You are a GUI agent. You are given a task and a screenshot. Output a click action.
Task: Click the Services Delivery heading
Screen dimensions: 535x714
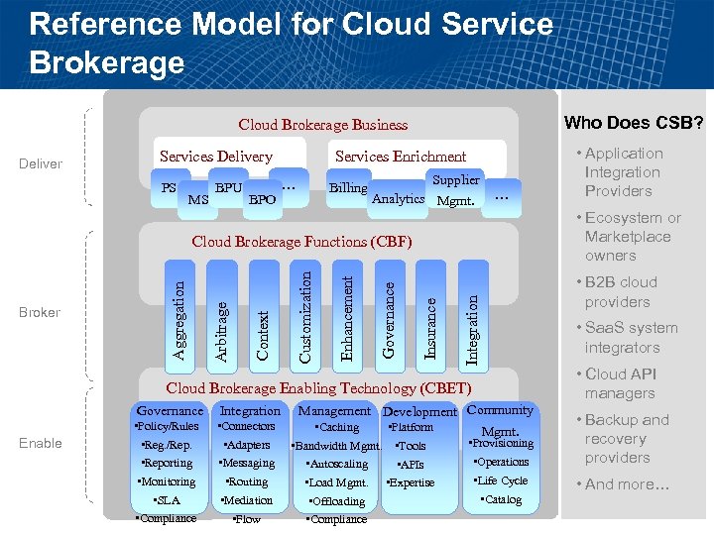pos(215,157)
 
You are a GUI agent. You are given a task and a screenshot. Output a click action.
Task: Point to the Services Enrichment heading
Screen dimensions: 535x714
pos(401,157)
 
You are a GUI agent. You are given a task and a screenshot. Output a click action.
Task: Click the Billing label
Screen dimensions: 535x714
pos(348,188)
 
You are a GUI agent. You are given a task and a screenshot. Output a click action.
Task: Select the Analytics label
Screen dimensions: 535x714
pos(398,199)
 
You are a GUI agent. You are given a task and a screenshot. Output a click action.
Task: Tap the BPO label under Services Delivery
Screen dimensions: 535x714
pos(262,200)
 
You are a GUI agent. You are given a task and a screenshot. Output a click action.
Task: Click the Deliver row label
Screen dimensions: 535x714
pos(41,163)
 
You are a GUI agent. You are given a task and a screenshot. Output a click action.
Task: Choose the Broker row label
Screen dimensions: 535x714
pos(41,312)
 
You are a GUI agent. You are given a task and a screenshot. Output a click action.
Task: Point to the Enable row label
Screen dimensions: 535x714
pos(41,443)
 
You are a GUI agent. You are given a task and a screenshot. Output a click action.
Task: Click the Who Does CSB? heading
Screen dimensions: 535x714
pos(634,123)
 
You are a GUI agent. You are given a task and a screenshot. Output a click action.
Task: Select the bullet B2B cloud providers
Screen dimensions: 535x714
pos(620,292)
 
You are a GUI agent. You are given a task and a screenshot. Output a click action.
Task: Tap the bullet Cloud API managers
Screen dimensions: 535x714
pos(620,383)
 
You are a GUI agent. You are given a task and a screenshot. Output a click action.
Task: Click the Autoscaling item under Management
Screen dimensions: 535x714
pos(338,464)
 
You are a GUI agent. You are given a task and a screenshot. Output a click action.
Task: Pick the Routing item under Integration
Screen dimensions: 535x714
pos(247,481)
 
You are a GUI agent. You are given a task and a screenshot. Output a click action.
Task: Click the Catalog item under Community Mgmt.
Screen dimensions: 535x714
pos(502,499)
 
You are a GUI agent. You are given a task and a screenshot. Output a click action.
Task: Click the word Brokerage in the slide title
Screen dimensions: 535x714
pos(107,62)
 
